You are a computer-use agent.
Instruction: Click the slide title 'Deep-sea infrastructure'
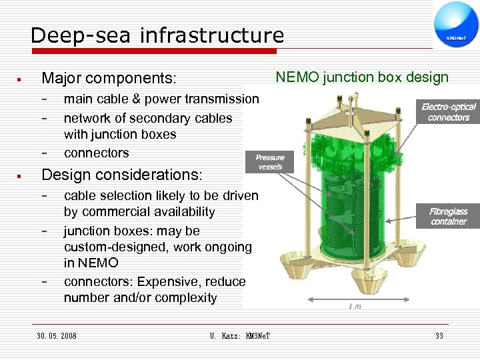[x=157, y=35]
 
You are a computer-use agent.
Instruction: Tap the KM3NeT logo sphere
[x=456, y=26]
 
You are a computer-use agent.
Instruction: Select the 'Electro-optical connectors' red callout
[x=448, y=112]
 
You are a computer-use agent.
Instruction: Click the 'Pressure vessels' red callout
[x=270, y=161]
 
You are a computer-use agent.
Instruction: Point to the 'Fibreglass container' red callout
[x=448, y=216]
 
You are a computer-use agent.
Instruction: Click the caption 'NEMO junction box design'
[x=363, y=77]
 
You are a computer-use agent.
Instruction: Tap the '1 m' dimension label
[x=355, y=306]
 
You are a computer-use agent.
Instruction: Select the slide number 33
[x=439, y=335]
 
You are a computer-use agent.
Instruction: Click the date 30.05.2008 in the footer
[x=57, y=335]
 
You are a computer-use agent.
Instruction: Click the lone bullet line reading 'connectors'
[x=96, y=153]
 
